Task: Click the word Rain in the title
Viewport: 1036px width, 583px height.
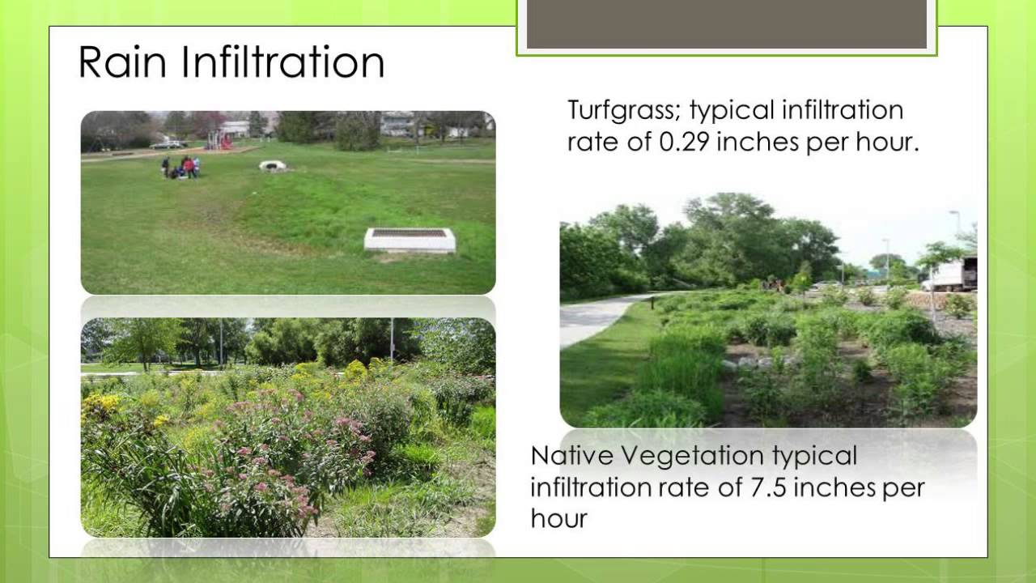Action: pos(121,62)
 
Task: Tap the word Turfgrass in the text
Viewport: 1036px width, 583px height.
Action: pos(622,109)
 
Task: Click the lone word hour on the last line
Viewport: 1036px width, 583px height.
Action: pos(558,518)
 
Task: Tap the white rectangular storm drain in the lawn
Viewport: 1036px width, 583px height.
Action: pos(410,240)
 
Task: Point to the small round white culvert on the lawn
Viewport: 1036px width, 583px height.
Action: pos(273,165)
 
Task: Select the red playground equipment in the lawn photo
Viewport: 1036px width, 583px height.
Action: pos(220,141)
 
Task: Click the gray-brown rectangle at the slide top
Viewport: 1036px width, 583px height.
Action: pos(726,24)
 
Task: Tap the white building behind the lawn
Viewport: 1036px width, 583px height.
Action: pos(397,123)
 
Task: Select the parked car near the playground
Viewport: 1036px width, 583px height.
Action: pos(168,144)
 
